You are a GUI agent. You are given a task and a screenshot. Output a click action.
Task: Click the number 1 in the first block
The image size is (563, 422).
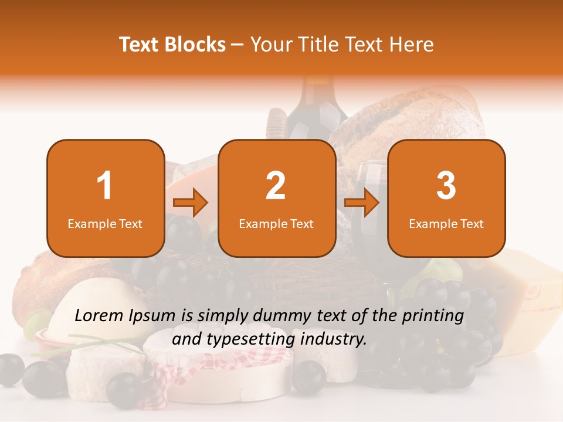pyautogui.click(x=104, y=186)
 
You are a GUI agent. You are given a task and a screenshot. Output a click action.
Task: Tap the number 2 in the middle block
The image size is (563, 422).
pyautogui.click(x=276, y=186)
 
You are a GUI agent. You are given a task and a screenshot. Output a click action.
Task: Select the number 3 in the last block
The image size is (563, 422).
pyautogui.click(x=446, y=186)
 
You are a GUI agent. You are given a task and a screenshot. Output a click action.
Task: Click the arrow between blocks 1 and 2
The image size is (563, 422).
pyautogui.click(x=191, y=203)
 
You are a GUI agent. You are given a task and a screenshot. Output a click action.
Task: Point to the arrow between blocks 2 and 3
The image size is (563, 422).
pyautogui.click(x=361, y=203)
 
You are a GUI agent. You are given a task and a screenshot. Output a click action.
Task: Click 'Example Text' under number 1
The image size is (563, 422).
pyautogui.click(x=105, y=223)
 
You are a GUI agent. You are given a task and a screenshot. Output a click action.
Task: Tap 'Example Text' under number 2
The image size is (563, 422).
pyautogui.click(x=276, y=223)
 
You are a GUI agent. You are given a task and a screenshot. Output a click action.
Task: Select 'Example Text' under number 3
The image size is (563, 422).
pyautogui.click(x=446, y=223)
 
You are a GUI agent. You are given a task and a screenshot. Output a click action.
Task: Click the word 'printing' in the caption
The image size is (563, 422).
pyautogui.click(x=432, y=316)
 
